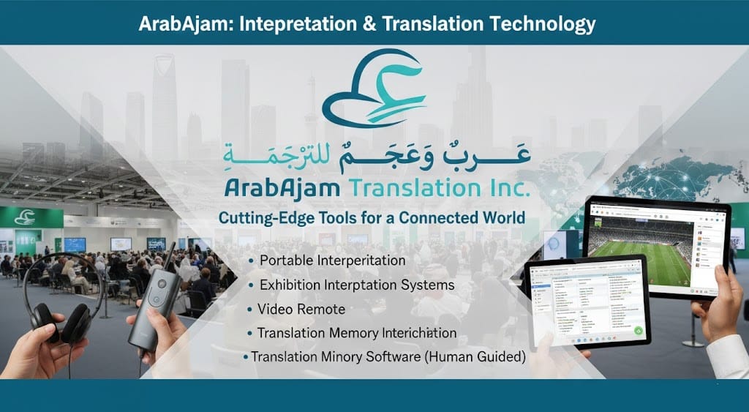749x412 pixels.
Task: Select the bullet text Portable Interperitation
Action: (x=332, y=261)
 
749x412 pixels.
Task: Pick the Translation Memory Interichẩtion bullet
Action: (x=356, y=333)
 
